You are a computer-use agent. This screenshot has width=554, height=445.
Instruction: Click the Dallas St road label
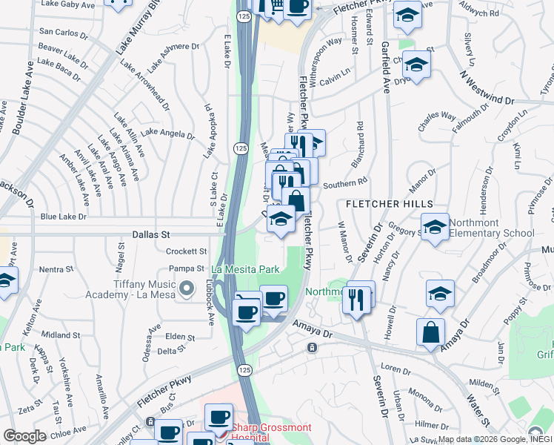pyautogui.click(x=151, y=234)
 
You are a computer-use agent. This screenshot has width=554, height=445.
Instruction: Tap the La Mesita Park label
pyautogui.click(x=247, y=268)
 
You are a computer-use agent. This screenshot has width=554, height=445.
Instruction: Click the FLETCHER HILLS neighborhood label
pyautogui.click(x=385, y=203)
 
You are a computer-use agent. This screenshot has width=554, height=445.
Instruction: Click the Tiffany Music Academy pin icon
pyautogui.click(x=187, y=286)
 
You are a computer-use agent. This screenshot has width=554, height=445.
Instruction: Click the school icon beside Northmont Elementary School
pyautogui.click(x=435, y=227)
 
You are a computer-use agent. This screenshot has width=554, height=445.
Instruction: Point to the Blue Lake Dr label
pyautogui.click(x=64, y=217)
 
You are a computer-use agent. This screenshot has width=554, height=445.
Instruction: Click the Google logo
pyautogui.click(x=24, y=436)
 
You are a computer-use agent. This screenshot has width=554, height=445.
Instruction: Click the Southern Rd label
pyautogui.click(x=345, y=182)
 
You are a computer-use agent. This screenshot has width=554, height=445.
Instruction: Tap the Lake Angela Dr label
pyautogui.click(x=167, y=133)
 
